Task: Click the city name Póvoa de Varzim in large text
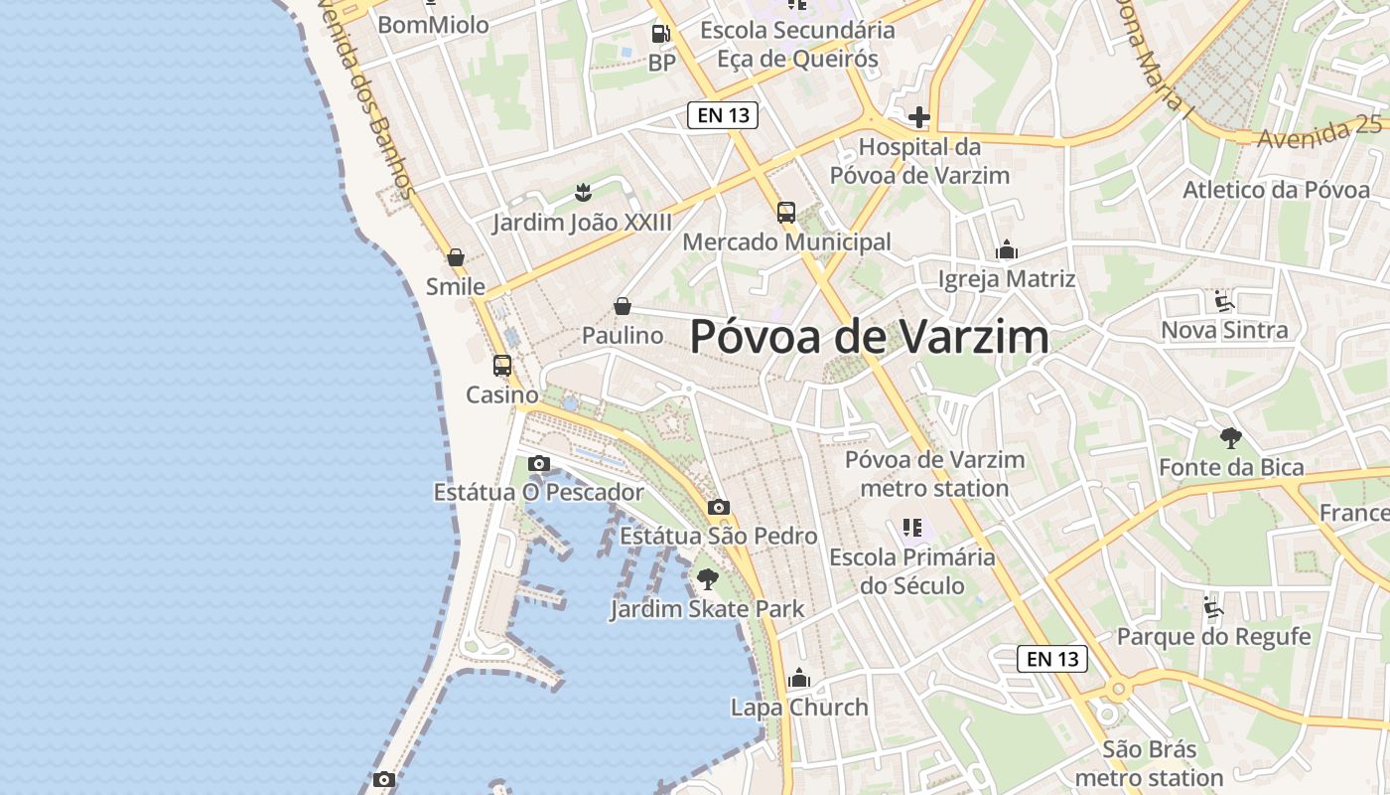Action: [x=869, y=337]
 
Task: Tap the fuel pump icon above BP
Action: [x=660, y=34]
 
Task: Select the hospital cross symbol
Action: [x=919, y=117]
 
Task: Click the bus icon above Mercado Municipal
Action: [x=786, y=212]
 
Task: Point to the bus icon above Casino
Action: [x=502, y=365]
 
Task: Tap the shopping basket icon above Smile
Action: [x=456, y=257]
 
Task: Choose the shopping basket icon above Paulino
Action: [x=623, y=306]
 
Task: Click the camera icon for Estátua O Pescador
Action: [x=539, y=463]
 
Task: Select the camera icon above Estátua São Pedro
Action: [x=719, y=507]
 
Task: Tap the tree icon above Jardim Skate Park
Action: [x=707, y=578]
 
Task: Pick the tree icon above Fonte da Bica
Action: [x=1231, y=437]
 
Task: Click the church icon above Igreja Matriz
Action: [x=1007, y=249]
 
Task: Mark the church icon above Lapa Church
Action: [x=799, y=679]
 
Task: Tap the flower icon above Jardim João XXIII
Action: [x=583, y=192]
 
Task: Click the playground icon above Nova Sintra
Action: [x=1224, y=300]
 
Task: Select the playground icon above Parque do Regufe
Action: [x=1213, y=606]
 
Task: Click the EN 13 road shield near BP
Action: [x=723, y=115]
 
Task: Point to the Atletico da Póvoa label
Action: [x=1276, y=190]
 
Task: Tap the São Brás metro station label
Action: [x=1149, y=763]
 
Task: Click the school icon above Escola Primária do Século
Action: [x=912, y=527]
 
